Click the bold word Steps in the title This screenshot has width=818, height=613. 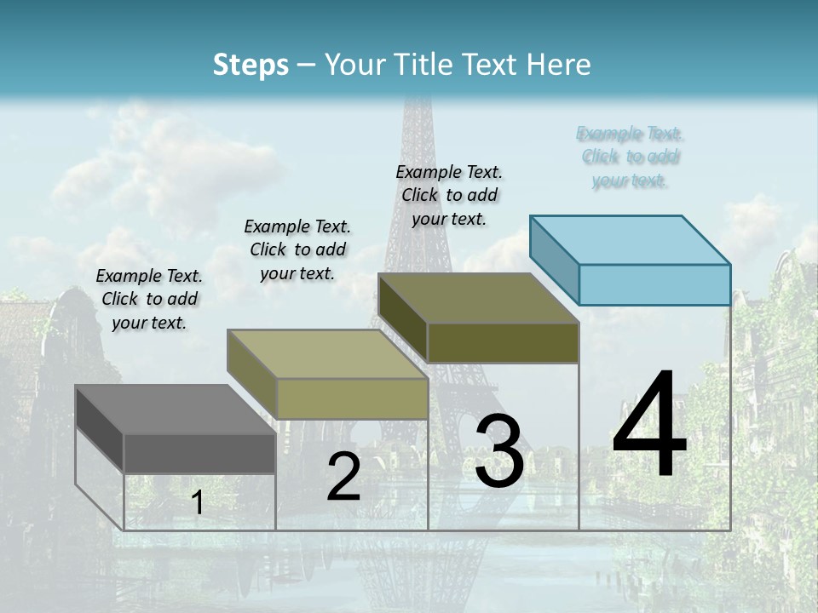(251, 65)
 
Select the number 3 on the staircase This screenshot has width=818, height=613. (498, 450)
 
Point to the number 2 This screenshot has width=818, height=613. (343, 477)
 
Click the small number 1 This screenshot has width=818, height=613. (198, 502)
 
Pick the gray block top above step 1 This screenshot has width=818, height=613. (175, 409)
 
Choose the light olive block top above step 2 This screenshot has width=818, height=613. (326, 354)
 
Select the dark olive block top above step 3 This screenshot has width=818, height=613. (478, 298)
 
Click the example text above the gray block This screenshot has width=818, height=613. (149, 299)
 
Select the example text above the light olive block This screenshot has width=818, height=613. (297, 249)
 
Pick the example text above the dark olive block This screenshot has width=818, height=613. (449, 195)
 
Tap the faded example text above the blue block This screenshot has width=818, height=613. (631, 157)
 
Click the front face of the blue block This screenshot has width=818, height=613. (654, 284)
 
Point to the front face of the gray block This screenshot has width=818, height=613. (199, 453)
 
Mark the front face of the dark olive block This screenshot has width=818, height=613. (503, 342)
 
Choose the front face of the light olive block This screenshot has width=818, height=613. (351, 398)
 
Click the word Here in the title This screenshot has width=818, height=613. (562, 65)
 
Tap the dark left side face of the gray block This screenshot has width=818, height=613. (99, 427)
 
